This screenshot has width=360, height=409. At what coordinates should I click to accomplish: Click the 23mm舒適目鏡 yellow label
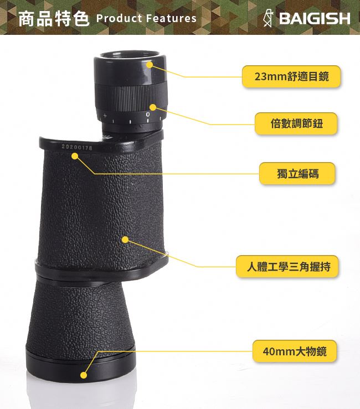coord(291,76)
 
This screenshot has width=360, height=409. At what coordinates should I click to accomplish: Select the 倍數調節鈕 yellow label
coord(296,123)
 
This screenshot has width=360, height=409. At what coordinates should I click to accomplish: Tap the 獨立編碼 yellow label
coord(297,173)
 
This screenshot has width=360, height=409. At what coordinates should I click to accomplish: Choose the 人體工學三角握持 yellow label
coord(287,266)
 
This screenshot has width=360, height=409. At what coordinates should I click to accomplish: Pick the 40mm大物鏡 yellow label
coord(295,351)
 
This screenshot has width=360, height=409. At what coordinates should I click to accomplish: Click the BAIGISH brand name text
coord(315,18)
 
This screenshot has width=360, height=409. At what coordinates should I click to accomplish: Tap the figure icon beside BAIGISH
coord(268,18)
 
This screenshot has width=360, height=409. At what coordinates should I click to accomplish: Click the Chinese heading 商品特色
coord(54,18)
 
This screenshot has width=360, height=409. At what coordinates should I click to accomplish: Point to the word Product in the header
coord(119,18)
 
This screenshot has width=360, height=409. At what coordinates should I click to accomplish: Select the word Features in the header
coord(171,18)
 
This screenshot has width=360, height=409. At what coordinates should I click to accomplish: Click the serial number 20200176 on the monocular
coord(77,147)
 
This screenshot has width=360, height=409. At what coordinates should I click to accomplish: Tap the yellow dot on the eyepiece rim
coord(150,64)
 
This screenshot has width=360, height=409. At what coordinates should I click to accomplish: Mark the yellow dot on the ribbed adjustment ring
coord(153,107)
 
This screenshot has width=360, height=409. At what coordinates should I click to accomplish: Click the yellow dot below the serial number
coord(75,156)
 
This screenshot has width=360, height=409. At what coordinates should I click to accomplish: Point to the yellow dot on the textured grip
coord(125,240)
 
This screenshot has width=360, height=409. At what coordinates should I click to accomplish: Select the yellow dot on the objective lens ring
coord(84,375)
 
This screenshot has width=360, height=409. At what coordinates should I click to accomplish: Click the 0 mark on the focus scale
coord(148,115)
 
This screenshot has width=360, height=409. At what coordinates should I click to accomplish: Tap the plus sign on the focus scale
coord(105,115)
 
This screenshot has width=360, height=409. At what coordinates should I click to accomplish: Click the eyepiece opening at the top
coord(130,55)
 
